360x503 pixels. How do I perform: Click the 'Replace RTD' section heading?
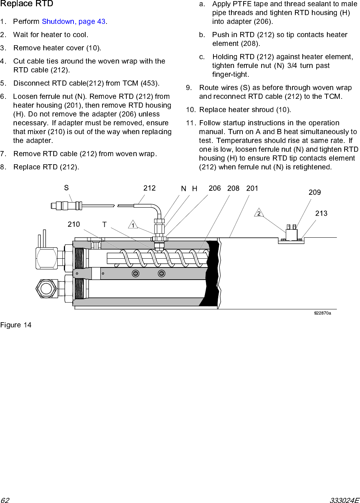(27, 4)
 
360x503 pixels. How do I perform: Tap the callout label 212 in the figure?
(150, 188)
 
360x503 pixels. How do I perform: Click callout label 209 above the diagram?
(314, 192)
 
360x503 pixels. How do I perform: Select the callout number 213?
(321, 213)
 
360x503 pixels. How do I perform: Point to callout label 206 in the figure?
(215, 188)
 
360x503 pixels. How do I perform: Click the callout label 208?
(233, 188)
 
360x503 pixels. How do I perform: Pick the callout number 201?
(252, 188)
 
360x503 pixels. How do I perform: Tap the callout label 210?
(73, 224)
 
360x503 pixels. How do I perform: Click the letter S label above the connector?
(66, 188)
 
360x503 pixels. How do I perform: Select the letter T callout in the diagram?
(104, 224)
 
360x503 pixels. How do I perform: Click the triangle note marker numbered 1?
(133, 225)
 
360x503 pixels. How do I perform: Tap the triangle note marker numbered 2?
(259, 213)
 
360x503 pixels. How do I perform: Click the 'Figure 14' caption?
(16, 325)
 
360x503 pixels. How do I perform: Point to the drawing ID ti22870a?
(322, 313)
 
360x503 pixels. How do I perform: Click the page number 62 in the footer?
(5, 500)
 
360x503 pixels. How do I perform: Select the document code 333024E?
(344, 500)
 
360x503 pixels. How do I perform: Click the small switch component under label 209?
(291, 233)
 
